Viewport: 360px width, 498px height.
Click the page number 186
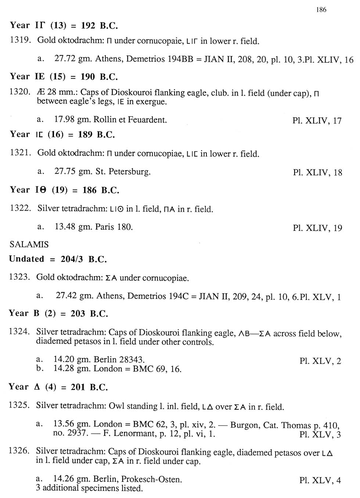(x=321, y=10)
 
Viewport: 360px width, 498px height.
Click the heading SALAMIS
(x=29, y=244)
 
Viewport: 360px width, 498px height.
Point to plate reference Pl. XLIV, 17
(x=317, y=121)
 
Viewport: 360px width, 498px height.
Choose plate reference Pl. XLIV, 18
(x=317, y=172)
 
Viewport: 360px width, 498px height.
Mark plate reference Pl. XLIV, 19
(x=317, y=228)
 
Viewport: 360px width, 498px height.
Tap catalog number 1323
(x=19, y=277)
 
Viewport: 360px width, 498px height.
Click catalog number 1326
(x=19, y=451)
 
